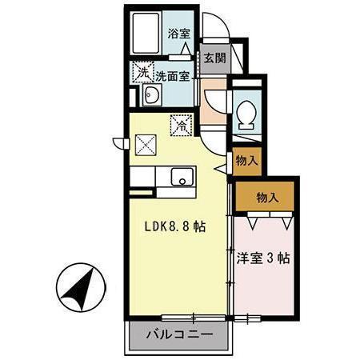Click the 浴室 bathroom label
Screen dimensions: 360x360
(179, 34)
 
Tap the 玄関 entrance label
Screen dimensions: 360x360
(213, 58)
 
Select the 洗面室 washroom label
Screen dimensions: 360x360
(172, 77)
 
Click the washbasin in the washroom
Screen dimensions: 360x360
(150, 98)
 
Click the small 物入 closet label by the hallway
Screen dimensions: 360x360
(246, 160)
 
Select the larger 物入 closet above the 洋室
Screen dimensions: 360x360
(266, 197)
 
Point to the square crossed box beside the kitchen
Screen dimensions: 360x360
(146, 145)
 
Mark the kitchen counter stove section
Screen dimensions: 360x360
(146, 177)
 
